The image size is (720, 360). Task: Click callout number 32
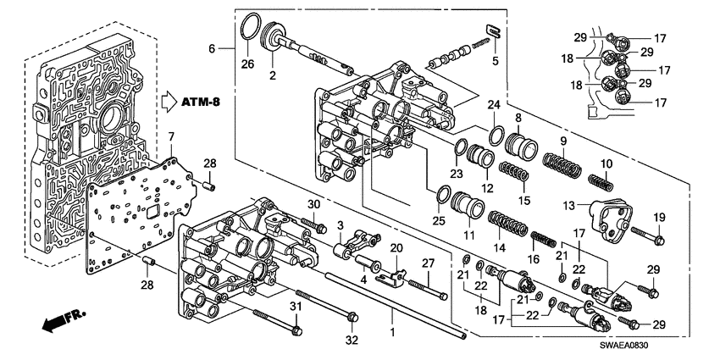(x=352, y=340)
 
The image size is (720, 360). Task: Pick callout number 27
(x=429, y=263)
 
